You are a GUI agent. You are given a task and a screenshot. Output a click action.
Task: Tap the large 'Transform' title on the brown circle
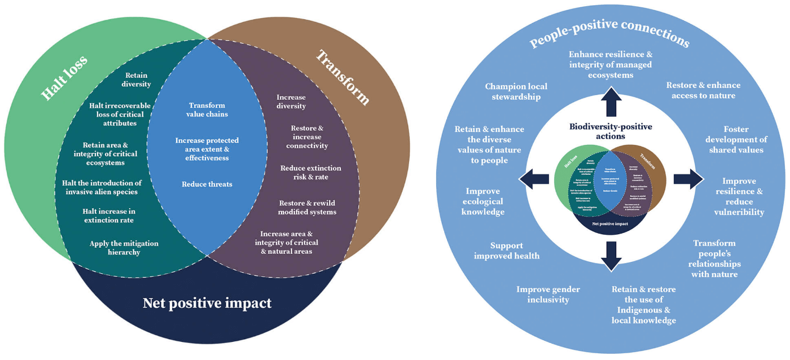pyautogui.click(x=343, y=77)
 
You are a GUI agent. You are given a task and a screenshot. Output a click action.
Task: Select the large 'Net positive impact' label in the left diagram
pyautogui.click(x=207, y=303)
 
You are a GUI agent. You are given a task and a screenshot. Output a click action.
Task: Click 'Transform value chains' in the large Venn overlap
pyautogui.click(x=207, y=109)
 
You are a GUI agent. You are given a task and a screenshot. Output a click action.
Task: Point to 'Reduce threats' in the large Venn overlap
pyautogui.click(x=207, y=184)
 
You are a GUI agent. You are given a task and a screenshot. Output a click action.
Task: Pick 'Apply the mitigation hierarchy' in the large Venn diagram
pyautogui.click(x=124, y=248)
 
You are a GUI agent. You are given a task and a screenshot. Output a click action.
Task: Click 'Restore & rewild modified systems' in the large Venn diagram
pyautogui.click(x=307, y=208)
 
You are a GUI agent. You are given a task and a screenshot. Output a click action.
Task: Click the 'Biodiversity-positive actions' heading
pyautogui.click(x=611, y=131)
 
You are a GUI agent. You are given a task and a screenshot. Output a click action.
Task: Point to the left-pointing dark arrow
pyautogui.click(x=533, y=179)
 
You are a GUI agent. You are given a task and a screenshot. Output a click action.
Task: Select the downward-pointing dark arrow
pyautogui.click(x=611, y=256)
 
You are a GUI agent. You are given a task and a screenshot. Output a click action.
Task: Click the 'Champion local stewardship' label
pyautogui.click(x=516, y=91)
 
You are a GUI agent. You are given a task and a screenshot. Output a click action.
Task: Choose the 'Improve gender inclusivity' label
pyautogui.click(x=548, y=295)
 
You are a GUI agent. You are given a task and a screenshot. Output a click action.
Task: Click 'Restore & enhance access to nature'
pyautogui.click(x=703, y=90)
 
